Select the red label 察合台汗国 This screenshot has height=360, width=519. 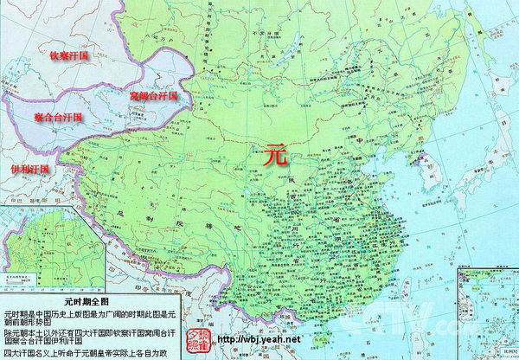pyautogui.click(x=46, y=117)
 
